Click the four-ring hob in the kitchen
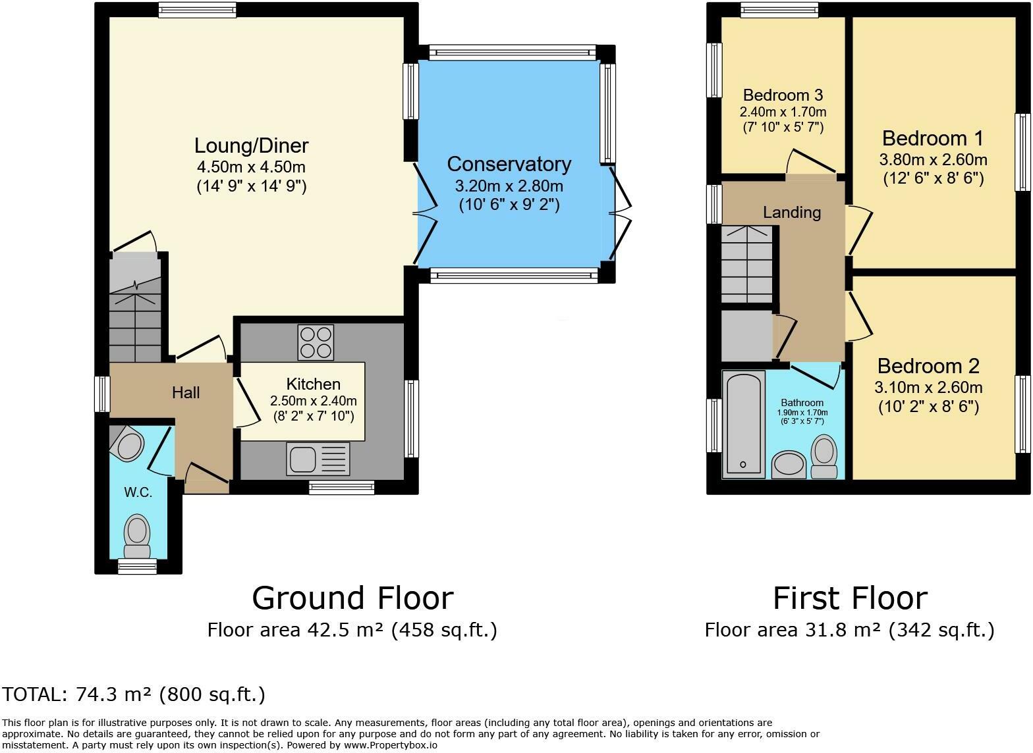(x=316, y=342)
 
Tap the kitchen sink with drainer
(x=318, y=459)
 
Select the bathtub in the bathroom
(x=743, y=425)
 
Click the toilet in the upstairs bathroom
(x=824, y=456)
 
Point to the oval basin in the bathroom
(x=789, y=465)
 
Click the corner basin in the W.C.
(x=127, y=443)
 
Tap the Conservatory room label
(x=509, y=164)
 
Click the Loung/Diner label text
(x=252, y=145)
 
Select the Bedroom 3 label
(x=783, y=95)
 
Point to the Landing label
(x=792, y=213)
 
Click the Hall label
(x=186, y=393)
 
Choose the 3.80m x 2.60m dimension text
(x=933, y=159)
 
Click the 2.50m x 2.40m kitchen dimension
(x=314, y=400)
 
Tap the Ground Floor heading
(x=353, y=598)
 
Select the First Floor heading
(x=851, y=598)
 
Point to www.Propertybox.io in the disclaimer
(x=391, y=745)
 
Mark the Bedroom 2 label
(x=928, y=367)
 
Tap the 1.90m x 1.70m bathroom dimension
(x=802, y=413)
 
